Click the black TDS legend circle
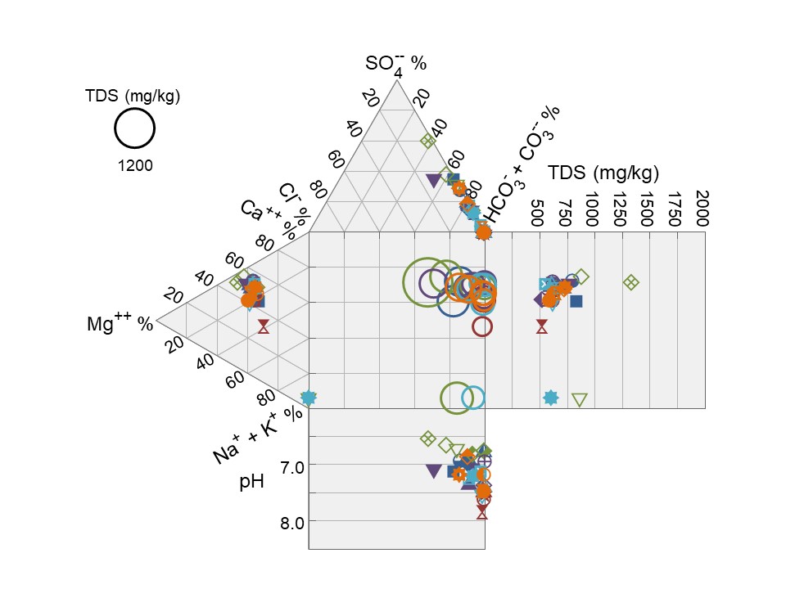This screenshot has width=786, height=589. coord(135,130)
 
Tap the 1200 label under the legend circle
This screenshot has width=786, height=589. coord(135,165)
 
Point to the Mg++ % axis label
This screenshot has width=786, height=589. coord(120,323)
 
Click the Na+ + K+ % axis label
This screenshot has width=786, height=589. coord(258,435)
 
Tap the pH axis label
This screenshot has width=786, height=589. coord(251,482)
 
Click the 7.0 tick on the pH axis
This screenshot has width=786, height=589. coord(286,465)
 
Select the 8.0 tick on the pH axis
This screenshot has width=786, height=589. coord(286,522)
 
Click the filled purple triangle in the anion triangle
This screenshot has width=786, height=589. coord(433,180)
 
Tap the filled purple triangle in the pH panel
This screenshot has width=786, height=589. coord(433,471)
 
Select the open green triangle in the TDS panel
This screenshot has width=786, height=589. coord(580,399)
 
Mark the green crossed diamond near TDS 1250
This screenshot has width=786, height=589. coord(630,282)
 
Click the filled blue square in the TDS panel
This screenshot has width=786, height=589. coord(576,301)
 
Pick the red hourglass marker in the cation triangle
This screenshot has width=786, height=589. coord(263,326)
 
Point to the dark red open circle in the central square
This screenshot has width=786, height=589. coord(482,326)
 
